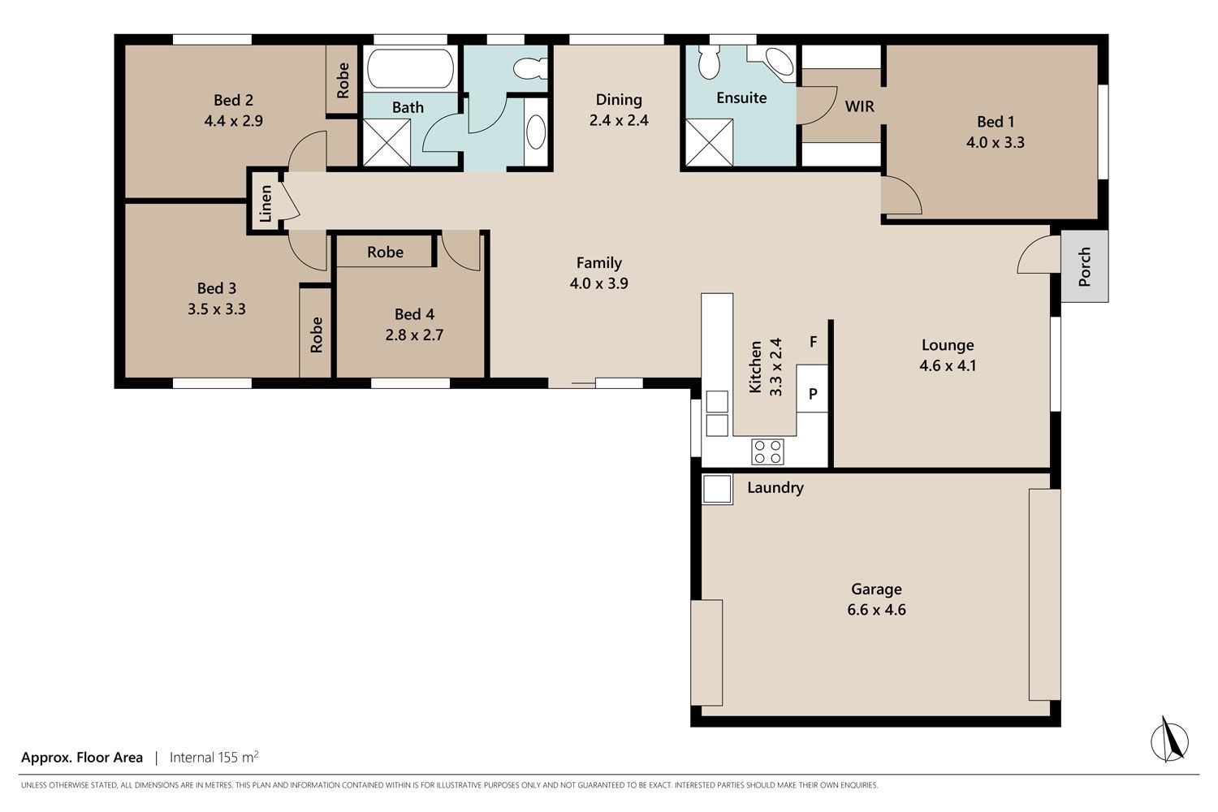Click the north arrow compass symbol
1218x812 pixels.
coord(1169,740)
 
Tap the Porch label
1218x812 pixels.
coord(1084,266)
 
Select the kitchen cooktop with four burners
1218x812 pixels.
coord(767,451)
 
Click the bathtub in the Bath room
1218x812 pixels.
coord(411,68)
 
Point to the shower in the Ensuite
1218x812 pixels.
coord(709,142)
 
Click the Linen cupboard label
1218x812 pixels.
coord(266,204)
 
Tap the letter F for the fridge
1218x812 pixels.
coord(813,342)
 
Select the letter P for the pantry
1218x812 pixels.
coord(813,393)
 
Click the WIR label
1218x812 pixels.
coord(859,106)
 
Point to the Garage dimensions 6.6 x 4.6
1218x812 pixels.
coord(876,610)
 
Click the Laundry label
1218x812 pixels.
coord(775,487)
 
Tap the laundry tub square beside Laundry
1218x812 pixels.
coord(717,488)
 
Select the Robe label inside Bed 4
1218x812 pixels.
coord(385,252)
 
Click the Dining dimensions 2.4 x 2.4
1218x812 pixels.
coord(619,120)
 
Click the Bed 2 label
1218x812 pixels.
coord(233,100)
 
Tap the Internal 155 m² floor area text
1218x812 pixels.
coord(214,757)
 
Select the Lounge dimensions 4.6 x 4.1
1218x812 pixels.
coord(948,365)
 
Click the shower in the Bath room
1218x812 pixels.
coord(387,142)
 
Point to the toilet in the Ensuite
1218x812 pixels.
coord(709,62)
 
